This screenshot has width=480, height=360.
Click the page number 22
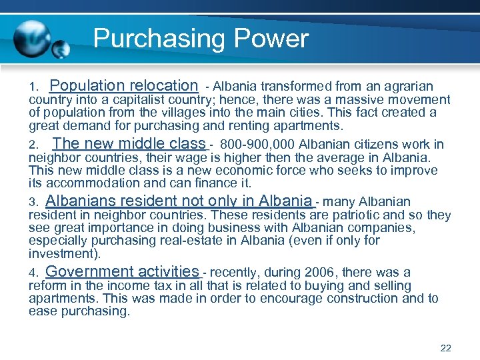coord(446,348)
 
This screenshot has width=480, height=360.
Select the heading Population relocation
coord(124,85)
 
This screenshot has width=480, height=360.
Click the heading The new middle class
coord(129,143)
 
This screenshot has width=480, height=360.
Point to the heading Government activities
coord(122,271)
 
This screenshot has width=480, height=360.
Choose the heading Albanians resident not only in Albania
coord(179,201)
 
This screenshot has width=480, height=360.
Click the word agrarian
coord(407,87)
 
